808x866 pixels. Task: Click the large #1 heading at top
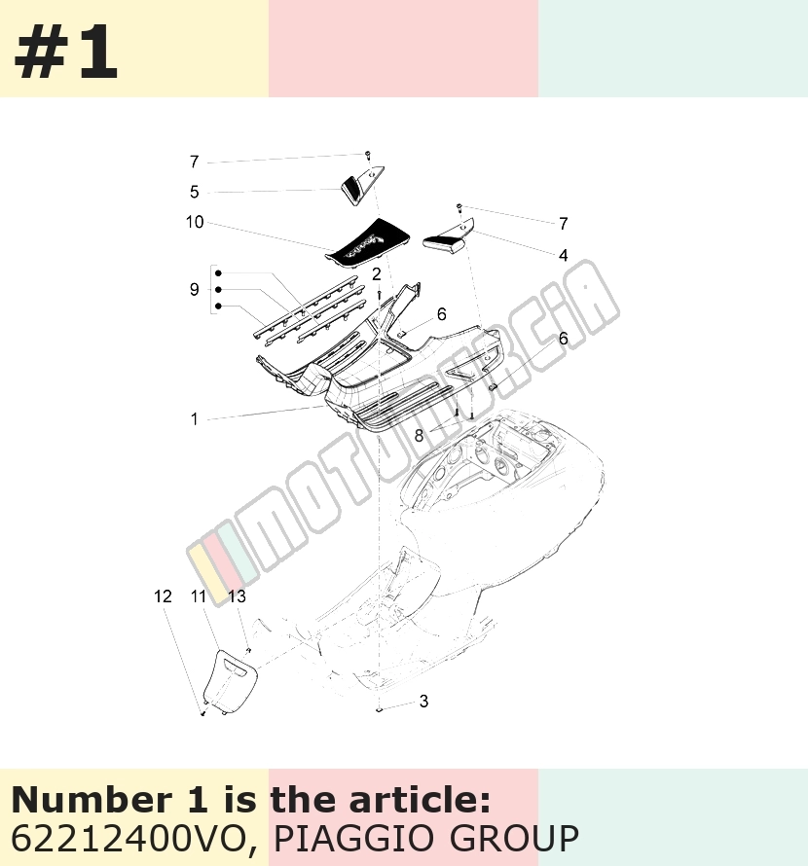coord(66,53)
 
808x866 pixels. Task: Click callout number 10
coord(195,222)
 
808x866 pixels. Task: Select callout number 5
coord(194,192)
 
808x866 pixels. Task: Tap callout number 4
coord(564,255)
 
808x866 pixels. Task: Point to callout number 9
coord(194,289)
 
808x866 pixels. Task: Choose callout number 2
coord(377,274)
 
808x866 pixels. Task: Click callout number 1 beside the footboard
coord(194,419)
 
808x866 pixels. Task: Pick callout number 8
coord(419,436)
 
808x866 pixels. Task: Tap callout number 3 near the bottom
coord(423,701)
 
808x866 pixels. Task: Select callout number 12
coord(163,596)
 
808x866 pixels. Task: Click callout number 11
coord(199,596)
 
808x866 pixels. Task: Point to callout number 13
coord(237,596)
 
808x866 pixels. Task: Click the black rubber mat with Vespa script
coord(368,244)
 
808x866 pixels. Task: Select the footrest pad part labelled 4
coord(448,238)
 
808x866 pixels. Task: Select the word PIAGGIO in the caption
coord(354,839)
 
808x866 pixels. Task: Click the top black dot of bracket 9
coord(218,273)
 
